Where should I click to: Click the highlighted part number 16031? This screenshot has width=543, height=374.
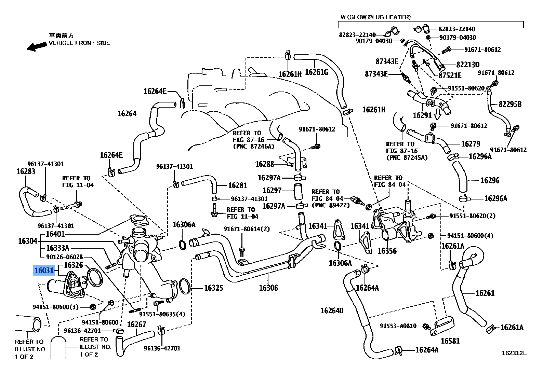(x=44, y=271)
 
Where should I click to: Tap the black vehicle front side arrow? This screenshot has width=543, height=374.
(x=37, y=46)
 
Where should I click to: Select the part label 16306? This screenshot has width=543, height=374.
(x=268, y=288)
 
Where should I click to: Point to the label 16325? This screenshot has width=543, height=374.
(x=213, y=288)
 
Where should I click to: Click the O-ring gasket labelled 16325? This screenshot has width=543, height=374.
(x=184, y=286)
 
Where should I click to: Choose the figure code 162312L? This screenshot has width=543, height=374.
(x=514, y=353)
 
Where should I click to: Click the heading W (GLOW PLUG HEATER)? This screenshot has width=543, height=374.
(x=375, y=17)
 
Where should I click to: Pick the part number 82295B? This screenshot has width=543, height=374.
(x=510, y=104)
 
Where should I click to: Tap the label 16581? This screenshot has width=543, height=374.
(x=450, y=341)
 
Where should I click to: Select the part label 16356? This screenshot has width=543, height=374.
(x=387, y=251)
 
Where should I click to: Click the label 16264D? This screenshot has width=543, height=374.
(x=332, y=310)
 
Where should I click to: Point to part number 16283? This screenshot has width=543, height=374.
(x=26, y=171)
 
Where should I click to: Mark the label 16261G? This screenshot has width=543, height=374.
(x=316, y=72)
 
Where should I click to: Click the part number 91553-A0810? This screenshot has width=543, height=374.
(x=398, y=326)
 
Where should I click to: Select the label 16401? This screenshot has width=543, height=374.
(x=55, y=234)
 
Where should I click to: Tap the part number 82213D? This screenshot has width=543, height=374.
(x=467, y=65)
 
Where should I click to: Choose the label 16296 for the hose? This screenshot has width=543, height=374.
(x=490, y=180)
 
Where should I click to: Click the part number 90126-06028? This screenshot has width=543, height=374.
(x=64, y=257)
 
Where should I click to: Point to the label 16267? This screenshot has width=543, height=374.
(x=136, y=324)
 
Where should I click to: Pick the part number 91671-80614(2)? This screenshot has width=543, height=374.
(x=247, y=229)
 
